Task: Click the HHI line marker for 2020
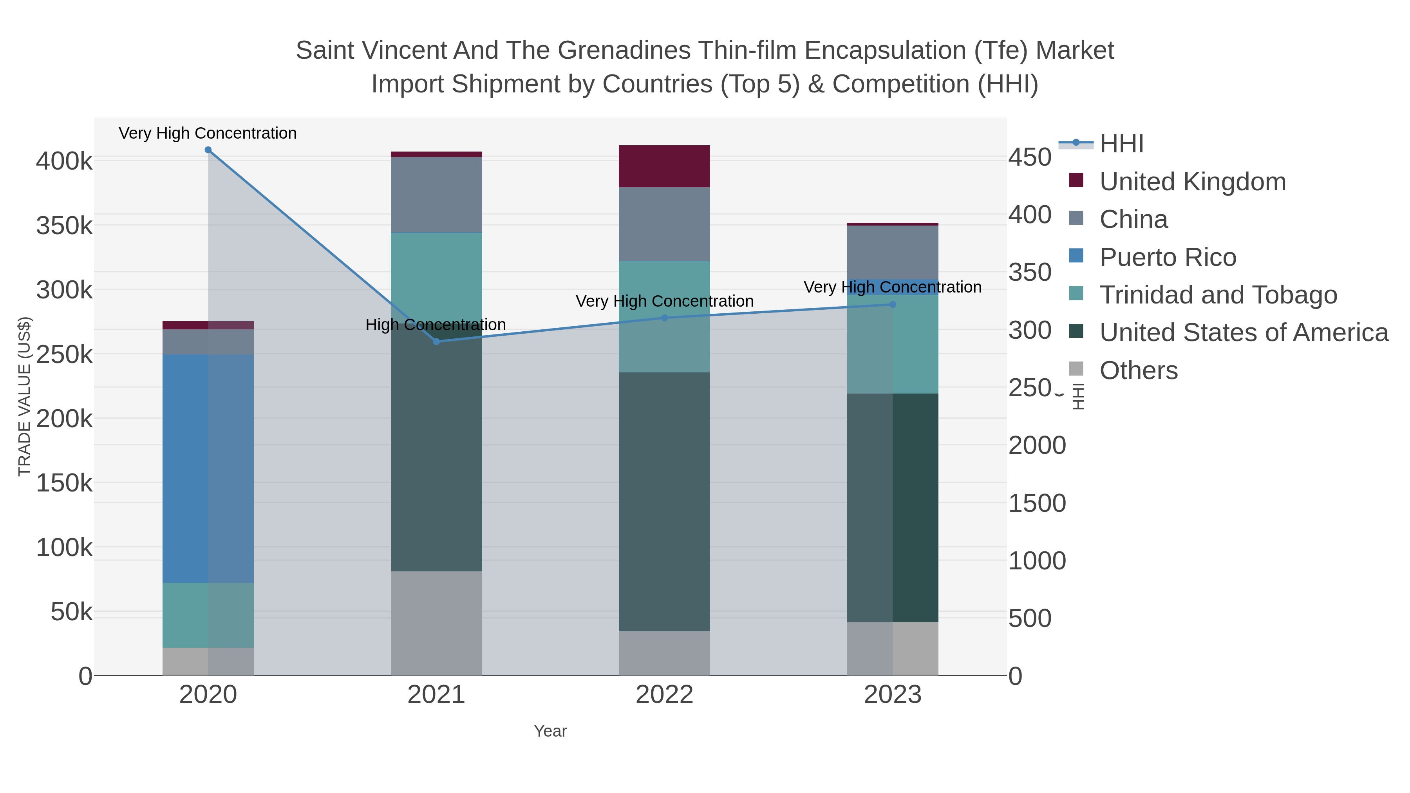tap(208, 150)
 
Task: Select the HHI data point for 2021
tap(436, 341)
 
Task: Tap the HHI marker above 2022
tap(665, 318)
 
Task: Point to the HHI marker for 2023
tap(893, 304)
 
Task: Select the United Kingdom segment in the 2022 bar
tap(665, 166)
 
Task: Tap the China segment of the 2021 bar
tap(436, 195)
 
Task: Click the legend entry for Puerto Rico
tap(1168, 257)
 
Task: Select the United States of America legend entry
tap(1243, 333)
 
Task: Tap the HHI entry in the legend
tap(1121, 144)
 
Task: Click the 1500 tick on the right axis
tap(1037, 503)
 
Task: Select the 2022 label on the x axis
tap(665, 695)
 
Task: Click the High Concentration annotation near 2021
tap(436, 325)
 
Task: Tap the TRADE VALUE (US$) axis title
tap(25, 396)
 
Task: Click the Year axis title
tap(550, 731)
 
